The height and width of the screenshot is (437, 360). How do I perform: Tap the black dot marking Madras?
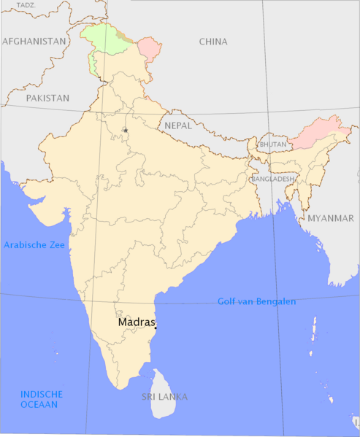click(156, 328)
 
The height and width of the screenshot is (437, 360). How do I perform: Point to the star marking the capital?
click(126, 131)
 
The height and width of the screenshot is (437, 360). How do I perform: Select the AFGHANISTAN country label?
click(34, 42)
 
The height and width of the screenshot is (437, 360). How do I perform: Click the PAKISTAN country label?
click(47, 97)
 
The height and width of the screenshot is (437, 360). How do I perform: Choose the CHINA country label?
click(213, 42)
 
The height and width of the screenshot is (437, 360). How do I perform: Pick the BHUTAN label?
click(273, 144)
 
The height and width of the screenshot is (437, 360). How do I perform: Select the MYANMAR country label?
click(330, 218)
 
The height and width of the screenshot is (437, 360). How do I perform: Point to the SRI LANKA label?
click(164, 397)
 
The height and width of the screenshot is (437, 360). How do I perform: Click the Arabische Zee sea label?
click(34, 245)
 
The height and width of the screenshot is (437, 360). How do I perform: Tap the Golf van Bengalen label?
click(256, 301)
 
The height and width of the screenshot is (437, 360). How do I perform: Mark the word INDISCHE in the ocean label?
click(39, 394)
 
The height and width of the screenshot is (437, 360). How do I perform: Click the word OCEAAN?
click(39, 404)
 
